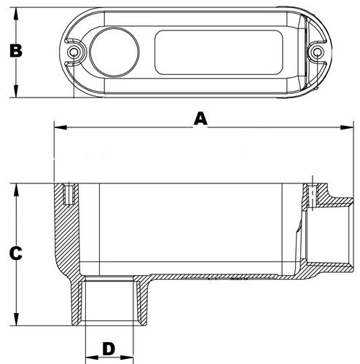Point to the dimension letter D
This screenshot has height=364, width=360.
point(109,348)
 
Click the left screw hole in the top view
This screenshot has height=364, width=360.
point(73,53)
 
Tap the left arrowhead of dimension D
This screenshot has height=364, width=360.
point(87,357)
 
